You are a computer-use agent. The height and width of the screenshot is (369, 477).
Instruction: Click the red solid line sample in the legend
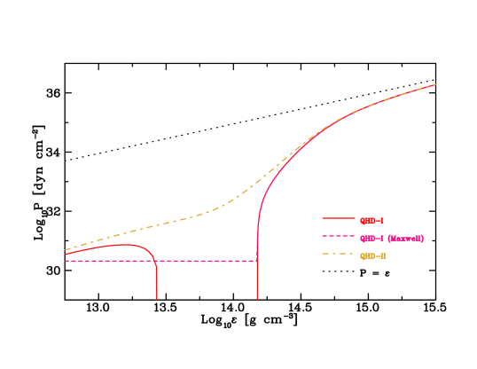(x=338, y=218)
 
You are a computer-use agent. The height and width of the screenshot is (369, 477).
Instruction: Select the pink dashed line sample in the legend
(x=338, y=237)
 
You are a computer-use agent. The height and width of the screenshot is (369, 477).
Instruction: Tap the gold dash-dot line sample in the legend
(x=338, y=255)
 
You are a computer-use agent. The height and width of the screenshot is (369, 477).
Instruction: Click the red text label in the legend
(x=371, y=220)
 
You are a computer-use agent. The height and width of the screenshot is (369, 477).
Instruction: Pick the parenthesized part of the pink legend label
(x=406, y=238)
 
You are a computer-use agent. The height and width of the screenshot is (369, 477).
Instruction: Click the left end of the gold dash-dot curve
(x=66, y=250)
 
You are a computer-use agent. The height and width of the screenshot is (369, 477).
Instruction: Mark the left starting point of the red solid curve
(x=66, y=255)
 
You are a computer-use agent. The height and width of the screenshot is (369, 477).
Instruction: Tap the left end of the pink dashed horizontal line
(x=66, y=261)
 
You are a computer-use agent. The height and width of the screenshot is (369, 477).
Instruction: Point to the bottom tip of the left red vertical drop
(x=157, y=300)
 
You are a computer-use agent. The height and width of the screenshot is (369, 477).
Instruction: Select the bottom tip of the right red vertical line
(x=257, y=300)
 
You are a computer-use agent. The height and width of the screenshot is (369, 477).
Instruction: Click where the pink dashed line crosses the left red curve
(x=155, y=261)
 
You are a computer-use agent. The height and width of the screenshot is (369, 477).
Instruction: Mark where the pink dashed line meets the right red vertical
(x=257, y=261)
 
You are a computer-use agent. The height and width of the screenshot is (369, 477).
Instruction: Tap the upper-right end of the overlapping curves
(x=436, y=84)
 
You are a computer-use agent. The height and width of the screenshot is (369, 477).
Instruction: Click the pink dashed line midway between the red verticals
(x=207, y=261)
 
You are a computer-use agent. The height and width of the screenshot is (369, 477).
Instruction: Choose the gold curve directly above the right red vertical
(x=257, y=183)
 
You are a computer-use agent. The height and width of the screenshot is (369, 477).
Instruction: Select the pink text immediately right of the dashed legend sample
(x=371, y=238)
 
